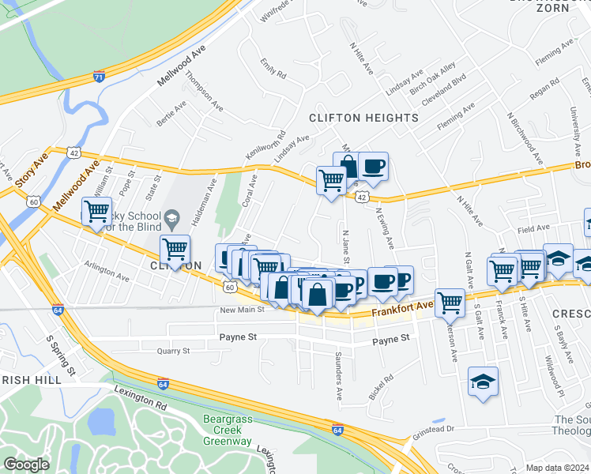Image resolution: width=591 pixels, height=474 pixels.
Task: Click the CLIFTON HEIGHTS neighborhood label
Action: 363,118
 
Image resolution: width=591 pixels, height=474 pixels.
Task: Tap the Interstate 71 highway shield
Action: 99,77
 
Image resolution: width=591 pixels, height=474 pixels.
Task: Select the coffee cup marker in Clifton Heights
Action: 373,167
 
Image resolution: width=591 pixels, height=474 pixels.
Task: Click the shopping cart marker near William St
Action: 96,212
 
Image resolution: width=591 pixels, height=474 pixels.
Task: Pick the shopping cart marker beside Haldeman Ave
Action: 175,250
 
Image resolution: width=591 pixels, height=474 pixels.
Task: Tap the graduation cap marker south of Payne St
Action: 484,382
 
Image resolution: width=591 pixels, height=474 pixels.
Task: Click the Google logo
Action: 26,465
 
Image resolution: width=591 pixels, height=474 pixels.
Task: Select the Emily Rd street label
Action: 273,73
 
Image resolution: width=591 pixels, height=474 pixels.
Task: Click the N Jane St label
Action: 345,247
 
